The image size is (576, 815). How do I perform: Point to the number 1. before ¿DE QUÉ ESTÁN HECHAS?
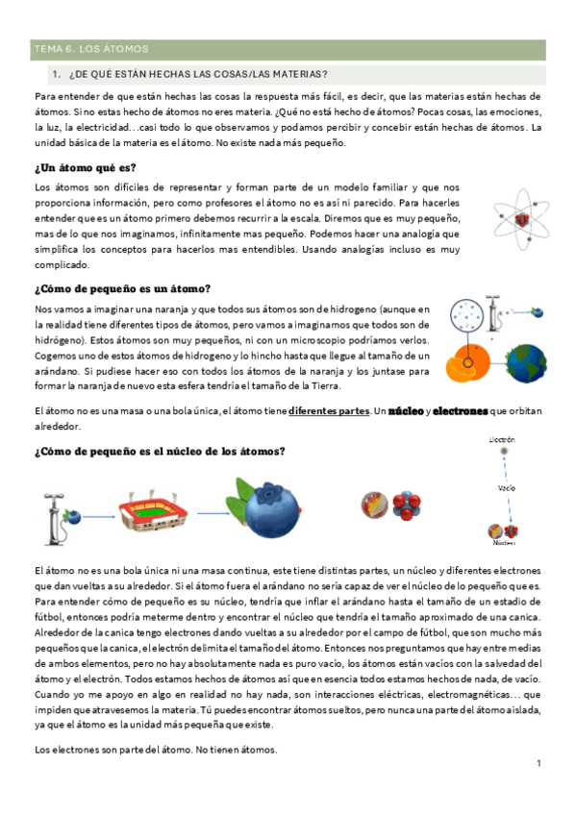point(58,74)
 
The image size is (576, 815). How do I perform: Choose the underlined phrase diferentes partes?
point(328,410)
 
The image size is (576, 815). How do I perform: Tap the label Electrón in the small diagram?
point(502,440)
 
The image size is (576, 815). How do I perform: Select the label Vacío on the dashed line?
point(506,487)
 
